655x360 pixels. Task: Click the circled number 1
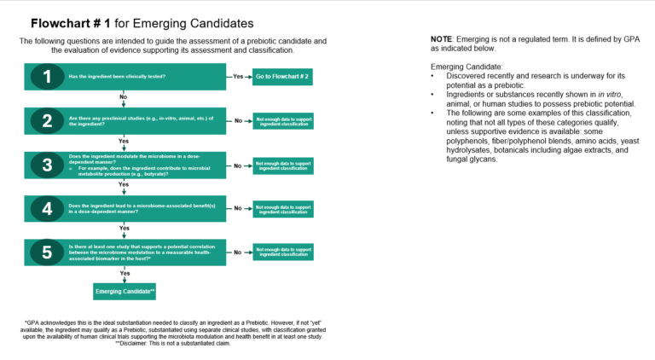point(48,78)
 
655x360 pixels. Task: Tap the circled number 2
point(48,121)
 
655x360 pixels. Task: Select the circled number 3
point(48,165)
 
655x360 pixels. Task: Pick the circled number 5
point(48,253)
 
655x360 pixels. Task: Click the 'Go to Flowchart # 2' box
point(281,77)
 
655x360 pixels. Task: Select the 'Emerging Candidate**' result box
point(124,292)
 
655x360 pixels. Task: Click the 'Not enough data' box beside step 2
point(282,121)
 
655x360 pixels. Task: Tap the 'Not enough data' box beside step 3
point(282,165)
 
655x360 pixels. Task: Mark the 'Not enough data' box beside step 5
point(282,253)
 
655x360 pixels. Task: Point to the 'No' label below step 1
point(124,96)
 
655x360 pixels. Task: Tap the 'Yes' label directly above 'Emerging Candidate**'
point(124,272)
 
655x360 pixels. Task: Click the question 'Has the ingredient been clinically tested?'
point(117,77)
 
